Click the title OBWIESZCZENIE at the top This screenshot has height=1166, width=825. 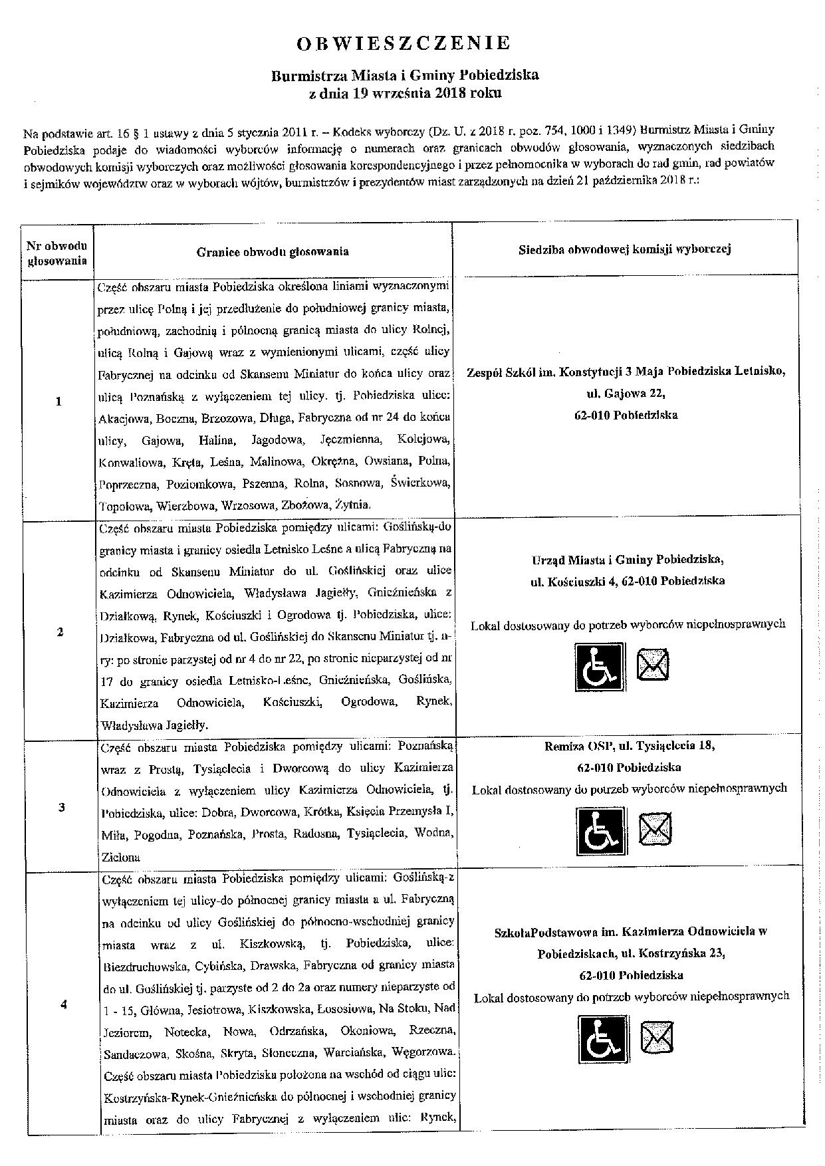[x=404, y=44]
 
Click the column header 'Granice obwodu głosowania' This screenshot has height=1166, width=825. [x=273, y=251]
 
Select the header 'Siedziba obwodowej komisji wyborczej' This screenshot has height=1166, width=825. [x=625, y=249]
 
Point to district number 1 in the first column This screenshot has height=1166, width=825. [x=59, y=401]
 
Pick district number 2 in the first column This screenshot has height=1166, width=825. [x=60, y=632]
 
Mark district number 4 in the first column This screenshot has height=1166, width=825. [x=63, y=1004]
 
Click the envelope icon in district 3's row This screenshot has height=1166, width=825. [x=655, y=829]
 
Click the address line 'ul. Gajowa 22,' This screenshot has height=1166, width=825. [x=626, y=394]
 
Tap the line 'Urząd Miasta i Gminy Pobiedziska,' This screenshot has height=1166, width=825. [x=628, y=559]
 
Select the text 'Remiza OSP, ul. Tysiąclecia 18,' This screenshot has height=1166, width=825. [x=630, y=746]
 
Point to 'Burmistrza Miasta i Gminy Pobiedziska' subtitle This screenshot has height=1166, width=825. [x=405, y=75]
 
